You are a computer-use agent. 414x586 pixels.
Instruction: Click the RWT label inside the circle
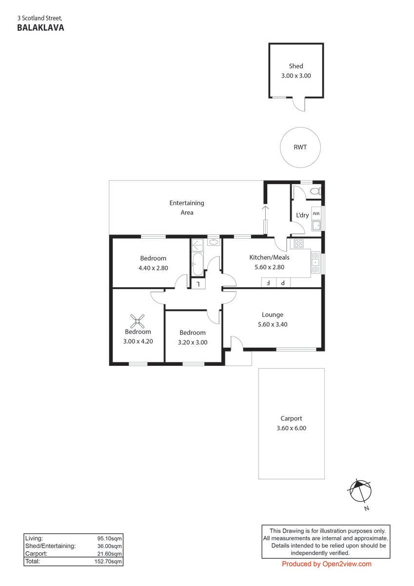(x=300, y=147)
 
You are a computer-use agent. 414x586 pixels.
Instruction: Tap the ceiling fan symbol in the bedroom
(x=137, y=321)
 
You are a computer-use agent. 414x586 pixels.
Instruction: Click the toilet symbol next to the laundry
(x=315, y=191)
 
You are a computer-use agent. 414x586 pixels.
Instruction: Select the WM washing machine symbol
(x=316, y=214)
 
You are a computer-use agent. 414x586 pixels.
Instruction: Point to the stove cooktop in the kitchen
(x=298, y=244)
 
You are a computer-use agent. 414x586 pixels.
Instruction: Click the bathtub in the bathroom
(x=197, y=264)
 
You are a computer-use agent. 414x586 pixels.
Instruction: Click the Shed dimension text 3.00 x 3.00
(x=296, y=76)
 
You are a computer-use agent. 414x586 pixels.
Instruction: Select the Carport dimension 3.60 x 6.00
(x=291, y=428)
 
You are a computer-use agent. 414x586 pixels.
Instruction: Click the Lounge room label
(x=273, y=314)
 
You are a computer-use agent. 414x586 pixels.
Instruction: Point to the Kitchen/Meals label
(x=269, y=258)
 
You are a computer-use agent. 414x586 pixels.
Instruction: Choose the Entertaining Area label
(x=187, y=208)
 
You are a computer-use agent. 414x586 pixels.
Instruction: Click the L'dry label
(x=302, y=215)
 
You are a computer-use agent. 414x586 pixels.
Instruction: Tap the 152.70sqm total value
(x=108, y=562)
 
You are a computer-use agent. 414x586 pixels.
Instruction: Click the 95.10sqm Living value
(x=109, y=538)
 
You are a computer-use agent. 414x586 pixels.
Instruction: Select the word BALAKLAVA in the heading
(x=40, y=28)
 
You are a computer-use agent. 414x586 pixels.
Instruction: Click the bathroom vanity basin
(x=214, y=242)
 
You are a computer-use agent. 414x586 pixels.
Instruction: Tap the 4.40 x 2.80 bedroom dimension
(x=153, y=268)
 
